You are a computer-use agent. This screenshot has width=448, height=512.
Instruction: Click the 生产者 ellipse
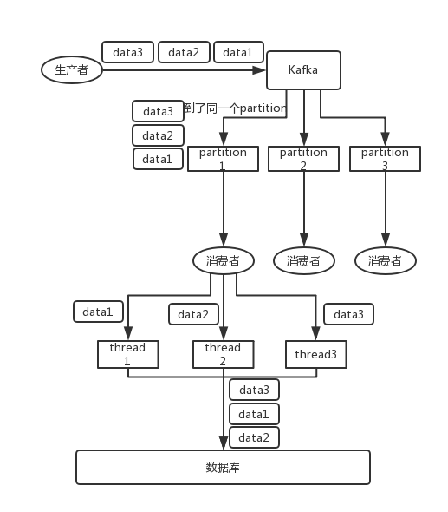point(72,70)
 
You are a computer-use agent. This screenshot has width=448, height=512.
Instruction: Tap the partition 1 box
point(223,159)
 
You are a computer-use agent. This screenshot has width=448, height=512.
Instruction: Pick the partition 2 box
point(303,159)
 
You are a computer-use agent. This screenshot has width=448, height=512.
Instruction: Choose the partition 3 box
point(385,159)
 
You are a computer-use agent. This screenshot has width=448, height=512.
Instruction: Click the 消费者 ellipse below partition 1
point(223,260)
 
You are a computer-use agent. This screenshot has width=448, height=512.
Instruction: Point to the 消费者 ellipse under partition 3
point(386,260)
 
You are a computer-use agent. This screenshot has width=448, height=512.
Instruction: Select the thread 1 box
point(127,354)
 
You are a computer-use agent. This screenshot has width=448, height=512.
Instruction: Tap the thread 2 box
point(223,354)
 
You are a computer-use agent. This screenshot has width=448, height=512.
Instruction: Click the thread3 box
point(315,354)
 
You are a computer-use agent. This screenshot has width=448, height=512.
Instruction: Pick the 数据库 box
point(223,467)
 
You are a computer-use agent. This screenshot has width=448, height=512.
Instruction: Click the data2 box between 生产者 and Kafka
point(184,52)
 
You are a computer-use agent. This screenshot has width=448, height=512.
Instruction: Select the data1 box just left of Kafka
point(238,52)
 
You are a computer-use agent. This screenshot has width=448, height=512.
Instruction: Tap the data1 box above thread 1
point(97,312)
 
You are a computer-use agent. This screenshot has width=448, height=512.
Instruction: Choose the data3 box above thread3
point(348,314)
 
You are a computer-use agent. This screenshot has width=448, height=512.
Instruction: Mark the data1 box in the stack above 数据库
point(254,414)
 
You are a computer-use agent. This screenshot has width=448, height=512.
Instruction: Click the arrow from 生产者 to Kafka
point(182,70)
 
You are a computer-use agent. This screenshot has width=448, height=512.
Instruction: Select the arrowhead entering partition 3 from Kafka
point(385,141)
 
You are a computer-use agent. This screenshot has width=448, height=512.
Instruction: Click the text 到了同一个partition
point(234,109)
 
